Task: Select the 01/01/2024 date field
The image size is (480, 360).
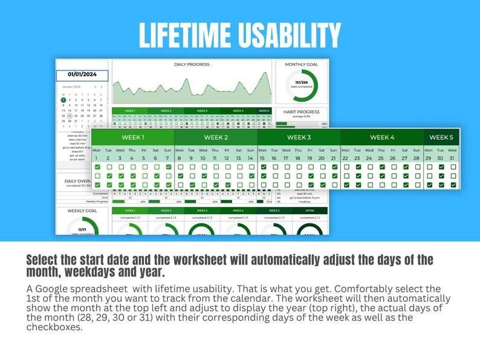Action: [x=82, y=75]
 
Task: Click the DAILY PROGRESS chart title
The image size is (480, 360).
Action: [x=192, y=64]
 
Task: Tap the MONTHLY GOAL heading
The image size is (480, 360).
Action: [x=302, y=64]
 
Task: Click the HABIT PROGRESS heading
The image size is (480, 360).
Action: [x=302, y=112]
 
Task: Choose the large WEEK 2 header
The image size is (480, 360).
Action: [x=215, y=137]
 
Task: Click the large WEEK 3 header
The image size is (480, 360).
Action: [x=298, y=137]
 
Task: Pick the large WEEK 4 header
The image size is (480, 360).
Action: [x=381, y=137]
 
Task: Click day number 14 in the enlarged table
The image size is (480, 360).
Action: [x=250, y=158]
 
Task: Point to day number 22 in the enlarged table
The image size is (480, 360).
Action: [x=345, y=158]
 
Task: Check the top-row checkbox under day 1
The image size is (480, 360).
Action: [x=97, y=167]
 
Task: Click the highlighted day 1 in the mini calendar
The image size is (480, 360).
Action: [x=63, y=100]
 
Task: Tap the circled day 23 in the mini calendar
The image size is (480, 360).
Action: [x=70, y=116]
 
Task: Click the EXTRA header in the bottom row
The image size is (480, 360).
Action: [x=310, y=211]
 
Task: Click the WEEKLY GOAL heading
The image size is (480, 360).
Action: [x=82, y=211]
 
